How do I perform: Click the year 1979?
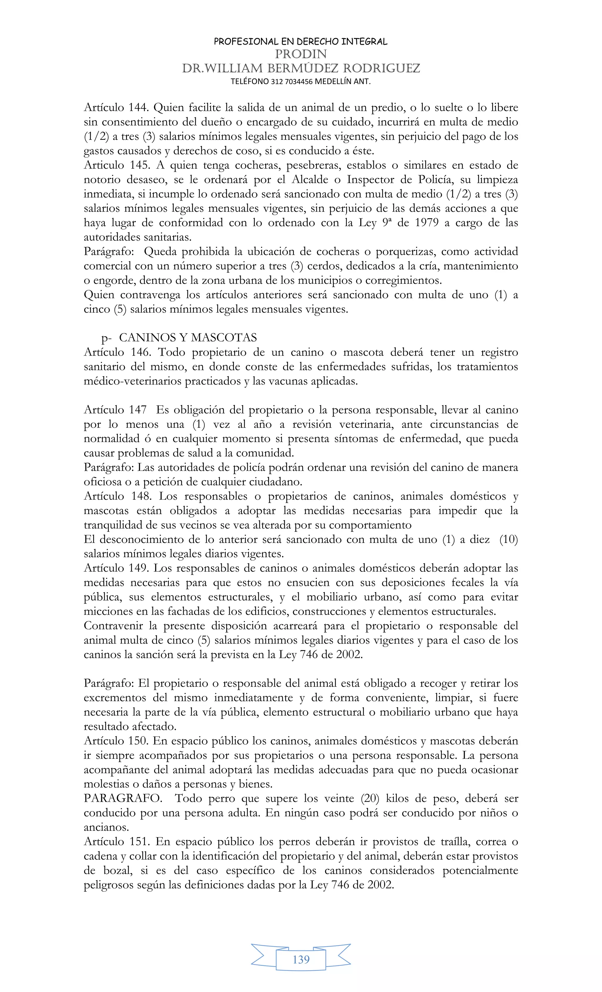pyautogui.click(x=427, y=223)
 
